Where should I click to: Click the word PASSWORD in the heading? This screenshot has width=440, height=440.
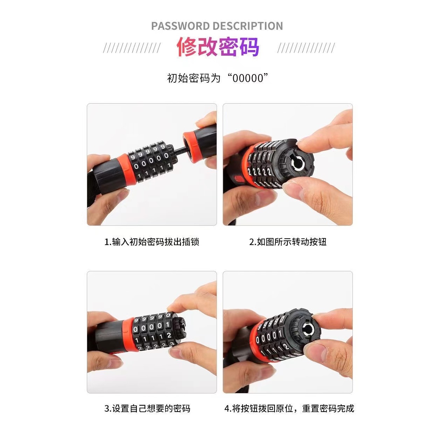pyautogui.click(x=180, y=26)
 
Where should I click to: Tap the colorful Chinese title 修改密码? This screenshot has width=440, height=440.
pyautogui.click(x=218, y=47)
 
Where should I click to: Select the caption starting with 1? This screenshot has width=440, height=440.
pyautogui.click(x=152, y=242)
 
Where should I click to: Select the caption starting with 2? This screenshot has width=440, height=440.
pyautogui.click(x=288, y=242)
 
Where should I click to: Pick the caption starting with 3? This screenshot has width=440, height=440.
pyautogui.click(x=147, y=408)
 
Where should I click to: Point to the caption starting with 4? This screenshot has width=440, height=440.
pyautogui.click(x=289, y=408)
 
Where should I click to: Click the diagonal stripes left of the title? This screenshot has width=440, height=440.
pyautogui.click(x=132, y=48)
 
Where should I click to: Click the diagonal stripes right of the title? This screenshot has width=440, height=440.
pyautogui.click(x=306, y=48)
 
